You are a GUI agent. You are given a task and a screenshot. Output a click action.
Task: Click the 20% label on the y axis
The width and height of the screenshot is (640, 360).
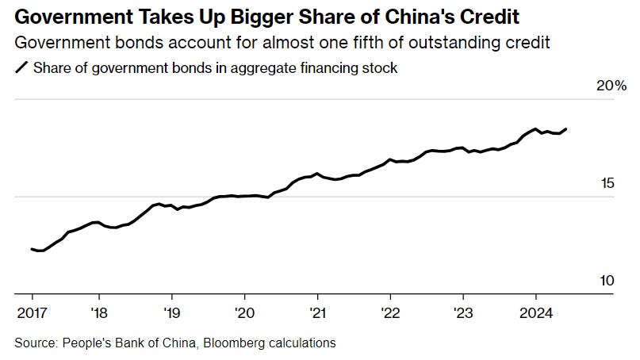coord(611,86)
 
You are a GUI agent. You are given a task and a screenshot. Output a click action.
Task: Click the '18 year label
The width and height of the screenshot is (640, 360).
coord(99,310)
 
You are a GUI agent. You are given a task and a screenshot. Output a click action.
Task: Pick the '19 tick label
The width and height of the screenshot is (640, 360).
coord(172,310)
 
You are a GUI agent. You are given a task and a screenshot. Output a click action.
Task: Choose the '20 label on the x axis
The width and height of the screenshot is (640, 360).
coord(245,310)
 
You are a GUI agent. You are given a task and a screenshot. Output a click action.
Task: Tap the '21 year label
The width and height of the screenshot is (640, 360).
coord(317,310)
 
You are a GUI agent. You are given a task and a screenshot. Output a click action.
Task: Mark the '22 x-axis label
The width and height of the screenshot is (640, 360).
coord(390,310)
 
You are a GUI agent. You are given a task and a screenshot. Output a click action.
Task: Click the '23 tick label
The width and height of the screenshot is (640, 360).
coord(463,310)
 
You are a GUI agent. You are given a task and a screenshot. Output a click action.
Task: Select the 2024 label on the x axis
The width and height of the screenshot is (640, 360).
coord(536,310)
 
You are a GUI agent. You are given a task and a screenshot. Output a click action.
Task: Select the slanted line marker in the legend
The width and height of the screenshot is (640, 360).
coord(21,68)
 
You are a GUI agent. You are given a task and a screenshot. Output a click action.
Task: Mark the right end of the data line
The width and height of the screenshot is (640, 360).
coord(565,128)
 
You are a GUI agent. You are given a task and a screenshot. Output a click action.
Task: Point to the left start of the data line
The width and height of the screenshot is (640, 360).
coord(32,249)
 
